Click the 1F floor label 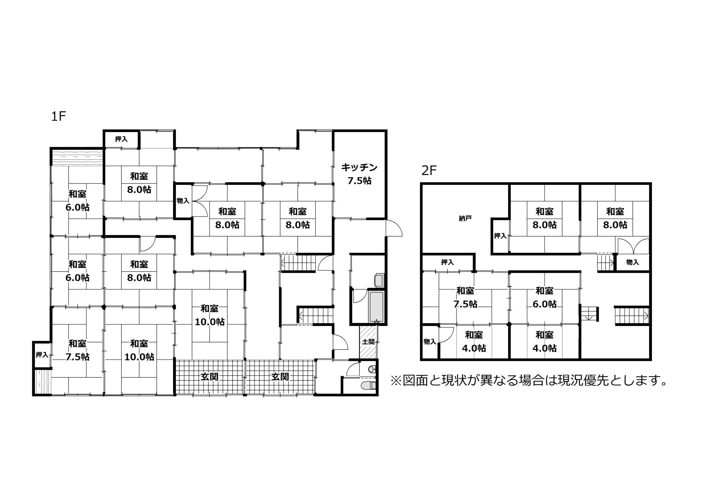coord(58,116)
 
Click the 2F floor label coord(429,170)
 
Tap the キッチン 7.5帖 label coord(359,174)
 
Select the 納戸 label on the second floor coord(465,219)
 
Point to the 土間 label coord(368,342)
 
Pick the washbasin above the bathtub coord(379,280)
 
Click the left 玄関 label coord(210,377)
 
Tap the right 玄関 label coord(280,377)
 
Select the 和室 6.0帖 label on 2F coord(544,297)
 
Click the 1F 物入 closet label coord(183,201)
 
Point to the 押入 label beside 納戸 coord(500,236)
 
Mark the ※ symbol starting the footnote coord(396,381)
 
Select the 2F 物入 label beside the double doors coord(632,262)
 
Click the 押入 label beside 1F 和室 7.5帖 coord(42,354)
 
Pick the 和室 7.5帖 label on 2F coord(465,297)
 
